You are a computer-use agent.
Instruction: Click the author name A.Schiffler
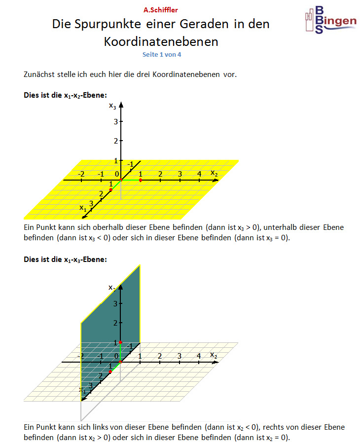(x=161, y=10)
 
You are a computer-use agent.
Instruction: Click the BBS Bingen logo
(x=330, y=20)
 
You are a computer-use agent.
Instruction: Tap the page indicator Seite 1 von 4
(x=162, y=54)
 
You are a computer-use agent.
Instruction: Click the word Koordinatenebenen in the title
(x=161, y=41)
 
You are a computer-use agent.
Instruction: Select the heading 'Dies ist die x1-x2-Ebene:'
(x=66, y=94)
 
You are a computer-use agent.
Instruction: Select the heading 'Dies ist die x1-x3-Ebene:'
(x=66, y=259)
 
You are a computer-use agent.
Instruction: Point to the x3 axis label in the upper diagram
(x=113, y=106)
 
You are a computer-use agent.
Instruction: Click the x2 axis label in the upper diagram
(x=214, y=172)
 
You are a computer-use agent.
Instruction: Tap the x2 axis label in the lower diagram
(x=214, y=354)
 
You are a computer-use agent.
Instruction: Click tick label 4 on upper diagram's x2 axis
(x=199, y=174)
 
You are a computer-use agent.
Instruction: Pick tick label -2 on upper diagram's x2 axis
(x=81, y=174)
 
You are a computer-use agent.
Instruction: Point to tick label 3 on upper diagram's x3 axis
(x=115, y=121)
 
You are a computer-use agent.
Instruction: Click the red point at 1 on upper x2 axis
(x=141, y=180)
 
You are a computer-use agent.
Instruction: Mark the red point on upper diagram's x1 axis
(x=110, y=190)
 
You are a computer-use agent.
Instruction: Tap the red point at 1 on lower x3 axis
(x=121, y=342)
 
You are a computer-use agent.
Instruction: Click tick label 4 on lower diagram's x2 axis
(x=199, y=356)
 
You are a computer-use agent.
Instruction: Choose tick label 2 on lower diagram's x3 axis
(x=115, y=323)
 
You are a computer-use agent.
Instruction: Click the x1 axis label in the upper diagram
(x=83, y=208)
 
